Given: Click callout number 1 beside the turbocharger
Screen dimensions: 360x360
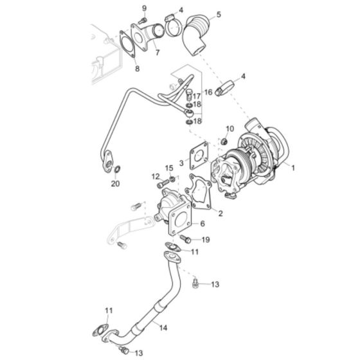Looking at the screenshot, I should pyautogui.click(x=294, y=169).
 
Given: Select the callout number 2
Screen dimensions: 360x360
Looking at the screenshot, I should pyautogui.click(x=221, y=213).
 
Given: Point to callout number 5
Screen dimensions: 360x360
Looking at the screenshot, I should pyautogui.click(x=219, y=14).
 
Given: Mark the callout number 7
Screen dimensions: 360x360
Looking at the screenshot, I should pyautogui.click(x=157, y=52).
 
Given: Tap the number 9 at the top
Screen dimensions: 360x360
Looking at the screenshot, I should pyautogui.click(x=145, y=8).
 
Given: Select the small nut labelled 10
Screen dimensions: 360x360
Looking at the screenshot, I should pyautogui.click(x=224, y=141).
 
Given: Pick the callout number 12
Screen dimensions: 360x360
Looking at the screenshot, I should pyautogui.click(x=155, y=176).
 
